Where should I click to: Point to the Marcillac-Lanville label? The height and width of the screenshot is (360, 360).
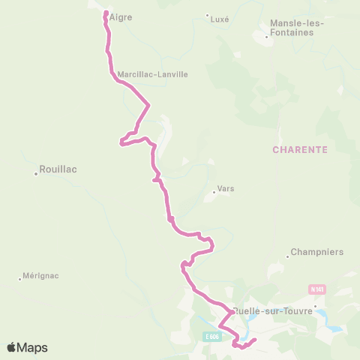coord(152,74)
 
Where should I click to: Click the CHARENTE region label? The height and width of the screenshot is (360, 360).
coord(301,149)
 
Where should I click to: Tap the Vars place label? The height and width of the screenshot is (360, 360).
coord(225,189)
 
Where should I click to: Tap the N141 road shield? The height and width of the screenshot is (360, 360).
coord(317,289)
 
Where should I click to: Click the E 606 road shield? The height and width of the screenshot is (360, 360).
coord(212,336)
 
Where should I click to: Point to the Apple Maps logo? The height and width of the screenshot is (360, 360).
coord(26,347)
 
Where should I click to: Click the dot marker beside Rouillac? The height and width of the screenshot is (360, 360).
coord(36,174)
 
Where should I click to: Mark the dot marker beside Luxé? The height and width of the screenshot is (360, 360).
coord(208,15)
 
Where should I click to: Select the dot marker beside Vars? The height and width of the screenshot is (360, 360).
coord(214,193)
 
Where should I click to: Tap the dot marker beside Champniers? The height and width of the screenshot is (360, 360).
coord(288,257)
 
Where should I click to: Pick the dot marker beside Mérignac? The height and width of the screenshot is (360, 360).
coord(20,279)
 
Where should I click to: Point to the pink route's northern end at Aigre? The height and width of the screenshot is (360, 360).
coord(103,12)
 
